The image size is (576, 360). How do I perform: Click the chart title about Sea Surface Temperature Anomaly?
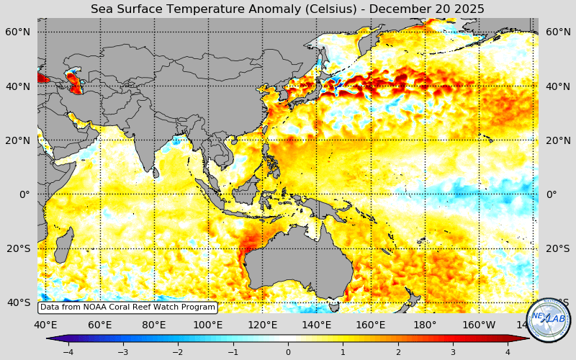[x=287, y=9]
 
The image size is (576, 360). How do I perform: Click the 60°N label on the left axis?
[x=18, y=32]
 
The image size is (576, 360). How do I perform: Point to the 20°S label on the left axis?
[x=18, y=248]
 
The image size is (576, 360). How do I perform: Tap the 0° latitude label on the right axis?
[x=552, y=194]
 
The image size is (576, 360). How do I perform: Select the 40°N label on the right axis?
[x=558, y=86]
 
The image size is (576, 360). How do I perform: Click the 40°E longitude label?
[x=45, y=325]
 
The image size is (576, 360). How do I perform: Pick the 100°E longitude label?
[x=208, y=325]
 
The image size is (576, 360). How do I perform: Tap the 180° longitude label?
[x=425, y=325]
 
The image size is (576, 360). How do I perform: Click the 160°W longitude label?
[x=479, y=325]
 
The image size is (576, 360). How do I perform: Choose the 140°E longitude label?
[x=317, y=325]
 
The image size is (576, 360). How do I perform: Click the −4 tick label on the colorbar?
[x=68, y=352]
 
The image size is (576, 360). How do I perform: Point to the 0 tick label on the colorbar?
[x=288, y=352]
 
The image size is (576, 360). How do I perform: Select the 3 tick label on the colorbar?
[x=453, y=352]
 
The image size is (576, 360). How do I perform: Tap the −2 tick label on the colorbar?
[x=178, y=352]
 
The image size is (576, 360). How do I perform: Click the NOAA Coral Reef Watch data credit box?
[x=127, y=307]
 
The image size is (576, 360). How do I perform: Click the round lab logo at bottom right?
[x=549, y=320]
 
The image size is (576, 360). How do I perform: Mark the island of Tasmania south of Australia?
[x=333, y=306]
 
